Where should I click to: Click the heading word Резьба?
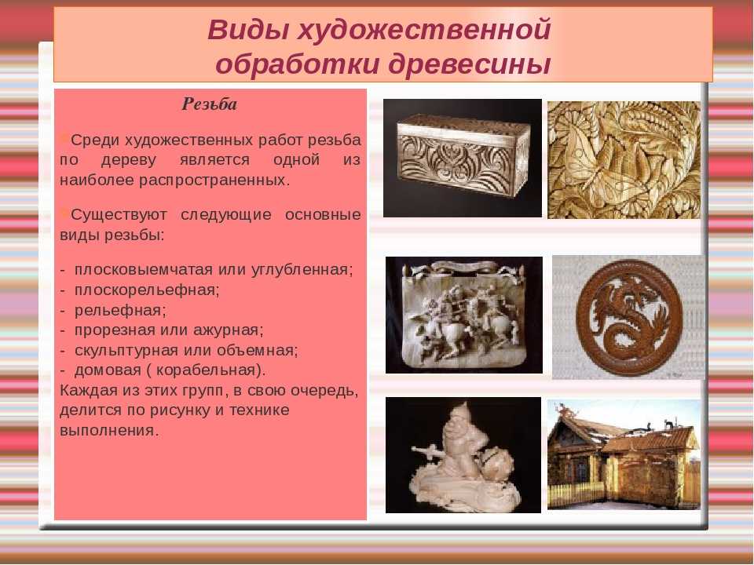coord(209,104)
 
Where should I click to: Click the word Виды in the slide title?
coord(248,30)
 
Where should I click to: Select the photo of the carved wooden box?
coord(463,158)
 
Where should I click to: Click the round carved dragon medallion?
coord(628,318)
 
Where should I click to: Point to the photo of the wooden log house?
coord(624,454)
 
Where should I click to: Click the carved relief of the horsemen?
coord(464,315)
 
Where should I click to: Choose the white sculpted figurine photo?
coord(463,455)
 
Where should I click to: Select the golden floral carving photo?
coord(624,160)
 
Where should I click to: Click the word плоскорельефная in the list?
coord(147,290)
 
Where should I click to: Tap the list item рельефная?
coord(119,311)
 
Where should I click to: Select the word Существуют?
coord(119,215)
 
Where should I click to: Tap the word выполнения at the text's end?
coord(108,431)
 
